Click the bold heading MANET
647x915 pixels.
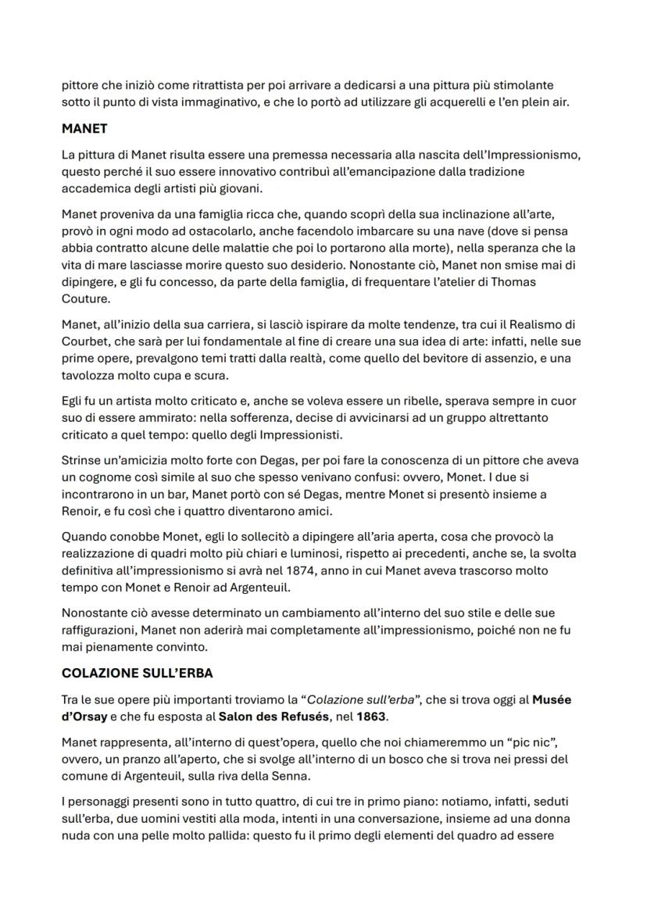coord(84,128)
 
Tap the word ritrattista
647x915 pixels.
coord(220,84)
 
